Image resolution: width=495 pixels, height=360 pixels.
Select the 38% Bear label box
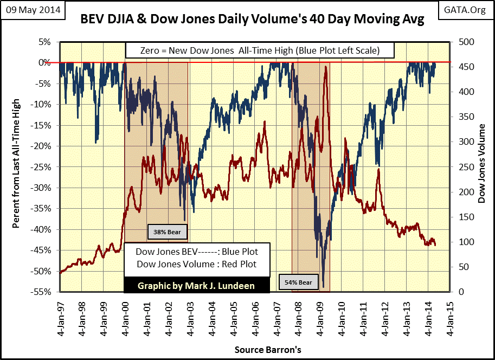click(168, 233)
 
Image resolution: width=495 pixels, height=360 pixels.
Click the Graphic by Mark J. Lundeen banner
click(196, 286)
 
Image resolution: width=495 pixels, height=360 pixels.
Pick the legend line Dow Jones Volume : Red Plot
click(196, 264)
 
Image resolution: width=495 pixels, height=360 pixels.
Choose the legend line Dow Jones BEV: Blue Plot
click(196, 252)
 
